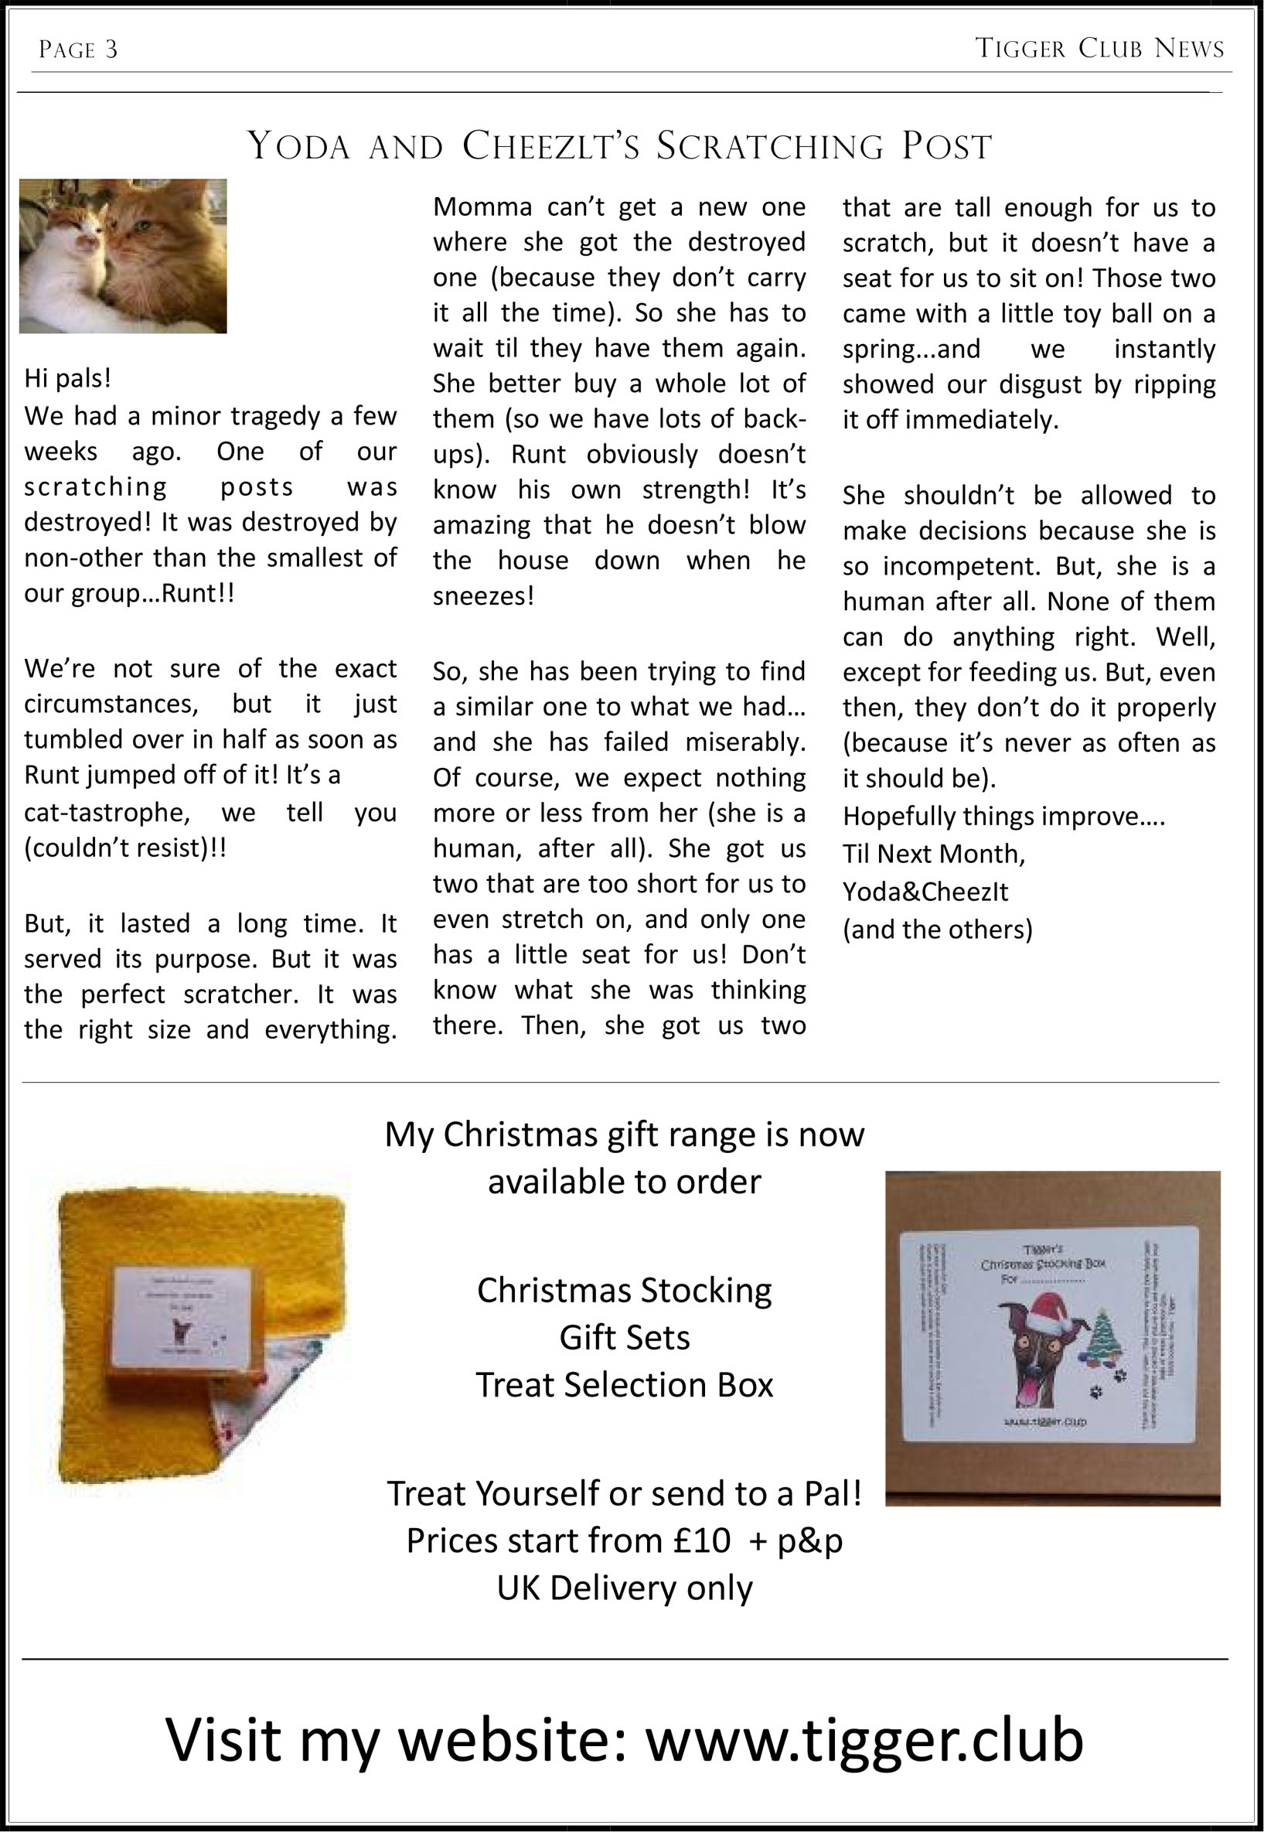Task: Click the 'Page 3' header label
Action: point(77,50)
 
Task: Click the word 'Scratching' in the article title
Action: point(770,146)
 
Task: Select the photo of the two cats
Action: point(123,256)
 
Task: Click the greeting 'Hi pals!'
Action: point(68,379)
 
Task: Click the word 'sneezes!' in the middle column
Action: point(483,596)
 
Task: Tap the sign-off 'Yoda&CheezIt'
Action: point(925,892)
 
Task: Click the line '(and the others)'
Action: point(938,929)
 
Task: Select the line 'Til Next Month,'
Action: point(934,854)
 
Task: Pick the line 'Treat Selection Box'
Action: point(624,1385)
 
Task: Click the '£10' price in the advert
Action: point(702,1540)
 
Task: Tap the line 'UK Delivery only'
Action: point(624,1588)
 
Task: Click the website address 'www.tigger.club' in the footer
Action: point(864,1740)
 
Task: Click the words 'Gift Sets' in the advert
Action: point(624,1338)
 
